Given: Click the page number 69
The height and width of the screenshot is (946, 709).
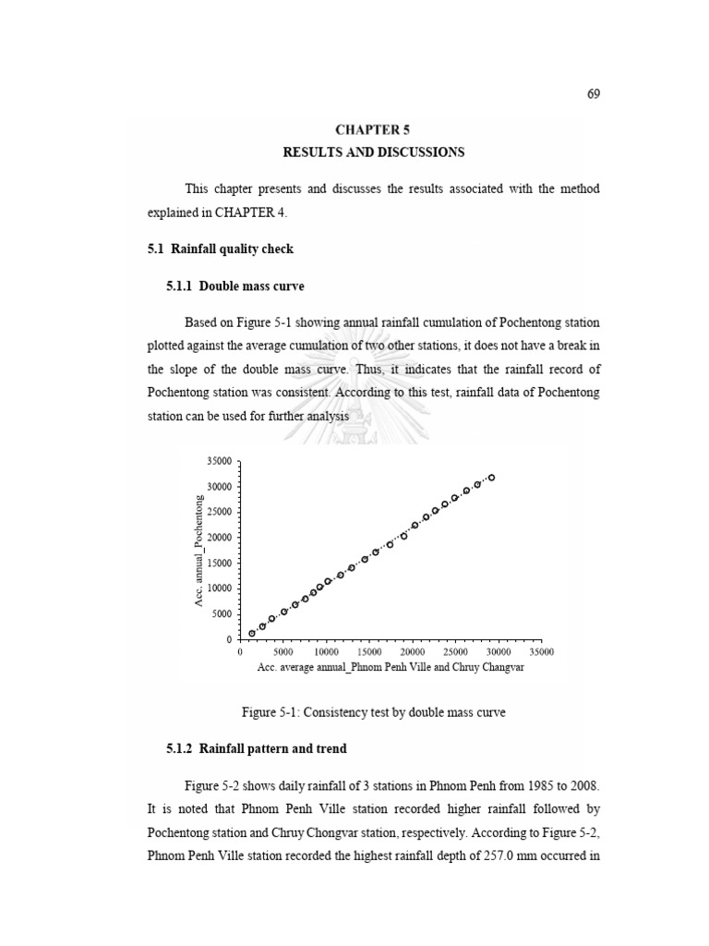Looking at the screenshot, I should coord(593,95).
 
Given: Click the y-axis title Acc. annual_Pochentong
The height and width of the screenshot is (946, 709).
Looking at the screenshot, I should coord(197,552).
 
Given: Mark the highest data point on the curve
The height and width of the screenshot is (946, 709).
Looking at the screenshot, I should coord(492,478).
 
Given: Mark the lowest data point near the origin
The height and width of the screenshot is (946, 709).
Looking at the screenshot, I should coord(252,634).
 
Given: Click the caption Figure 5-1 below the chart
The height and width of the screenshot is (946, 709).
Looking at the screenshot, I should coord(373,711).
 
